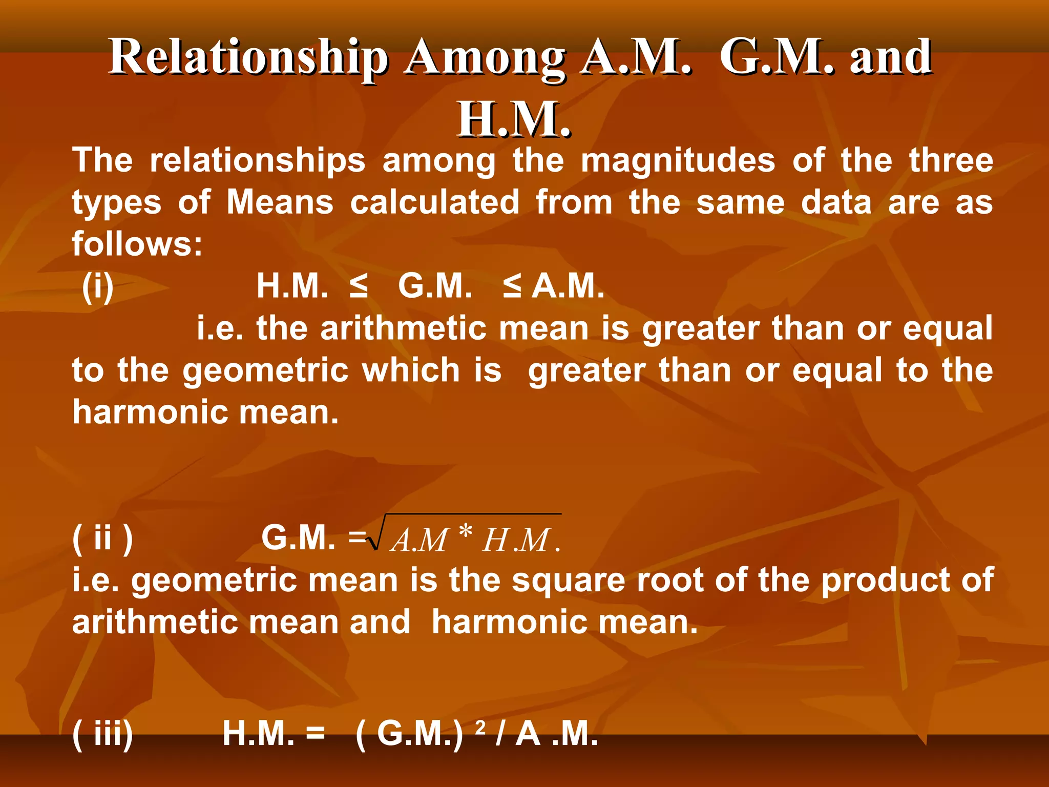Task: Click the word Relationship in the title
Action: [x=248, y=57]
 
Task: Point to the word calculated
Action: [x=435, y=202]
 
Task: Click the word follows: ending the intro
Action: [x=137, y=243]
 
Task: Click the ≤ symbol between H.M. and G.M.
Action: [x=359, y=286]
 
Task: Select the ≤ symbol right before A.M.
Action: [x=512, y=286]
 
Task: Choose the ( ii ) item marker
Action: [x=103, y=538]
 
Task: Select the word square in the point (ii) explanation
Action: [x=569, y=582]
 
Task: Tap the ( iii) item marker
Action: [x=103, y=734]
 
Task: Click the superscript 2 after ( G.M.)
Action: [x=480, y=726]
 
